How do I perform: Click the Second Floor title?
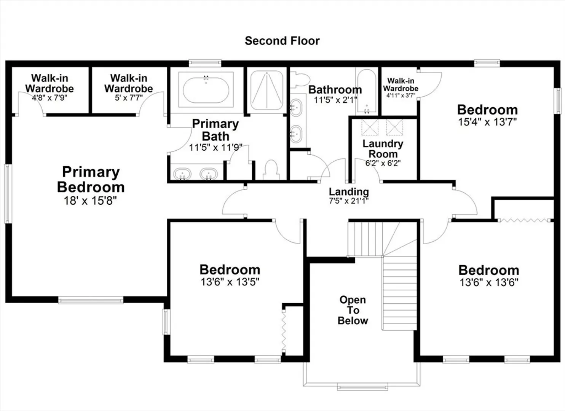point(282,41)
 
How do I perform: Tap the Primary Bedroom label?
point(91,180)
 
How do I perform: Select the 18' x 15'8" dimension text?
point(90,201)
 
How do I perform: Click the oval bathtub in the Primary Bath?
point(206,90)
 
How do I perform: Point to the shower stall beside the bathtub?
point(267,90)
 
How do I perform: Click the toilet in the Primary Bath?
point(271,170)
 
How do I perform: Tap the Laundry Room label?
point(383,149)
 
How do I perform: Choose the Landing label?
point(349,192)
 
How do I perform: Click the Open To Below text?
point(353,310)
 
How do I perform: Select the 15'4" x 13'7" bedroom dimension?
point(487,122)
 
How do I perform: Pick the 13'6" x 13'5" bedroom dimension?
point(230,282)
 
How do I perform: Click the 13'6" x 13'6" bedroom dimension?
point(489,282)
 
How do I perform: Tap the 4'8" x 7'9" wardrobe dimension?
point(50,98)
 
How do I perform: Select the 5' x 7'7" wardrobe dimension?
point(129,97)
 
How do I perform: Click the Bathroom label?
point(335,89)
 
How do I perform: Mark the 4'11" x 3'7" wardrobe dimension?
point(401,96)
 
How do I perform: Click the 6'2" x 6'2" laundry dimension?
point(383,163)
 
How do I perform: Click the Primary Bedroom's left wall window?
point(8,194)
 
